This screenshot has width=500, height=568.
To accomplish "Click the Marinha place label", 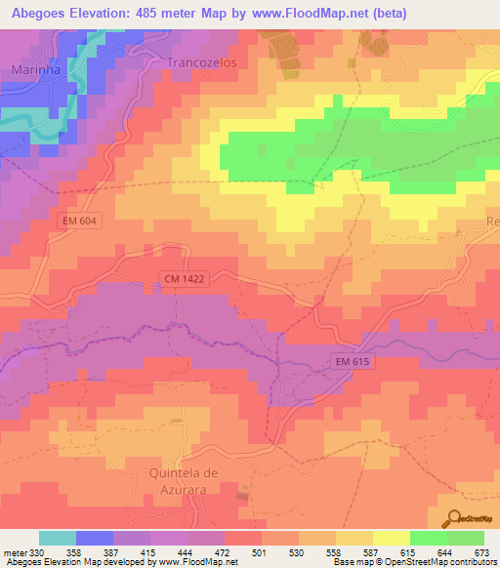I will (35, 70).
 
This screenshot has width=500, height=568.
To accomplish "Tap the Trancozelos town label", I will (202, 61).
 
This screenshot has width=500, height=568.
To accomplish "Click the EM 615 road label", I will (354, 362).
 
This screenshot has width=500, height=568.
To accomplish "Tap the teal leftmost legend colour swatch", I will (58, 539).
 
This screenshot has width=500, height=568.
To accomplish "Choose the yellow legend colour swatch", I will (391, 539).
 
